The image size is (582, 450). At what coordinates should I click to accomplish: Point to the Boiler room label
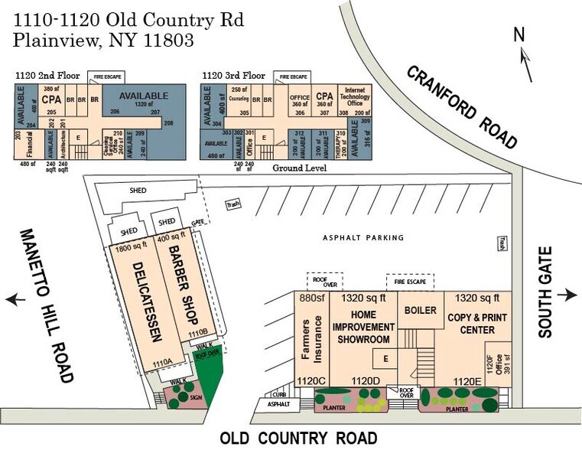(420, 311)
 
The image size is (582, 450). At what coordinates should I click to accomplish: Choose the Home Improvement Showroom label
(363, 326)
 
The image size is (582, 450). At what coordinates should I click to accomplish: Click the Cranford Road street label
(463, 106)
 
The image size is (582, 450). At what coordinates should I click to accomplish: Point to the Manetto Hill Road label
(46, 305)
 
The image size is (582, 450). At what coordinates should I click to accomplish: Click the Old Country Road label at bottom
(298, 439)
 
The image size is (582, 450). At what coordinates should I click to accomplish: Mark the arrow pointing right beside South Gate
(568, 295)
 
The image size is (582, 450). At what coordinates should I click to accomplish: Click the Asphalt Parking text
(363, 238)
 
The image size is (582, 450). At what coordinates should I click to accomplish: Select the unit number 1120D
(365, 380)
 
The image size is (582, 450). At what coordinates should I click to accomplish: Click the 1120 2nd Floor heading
(45, 76)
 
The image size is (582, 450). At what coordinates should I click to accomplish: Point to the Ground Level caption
(300, 168)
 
